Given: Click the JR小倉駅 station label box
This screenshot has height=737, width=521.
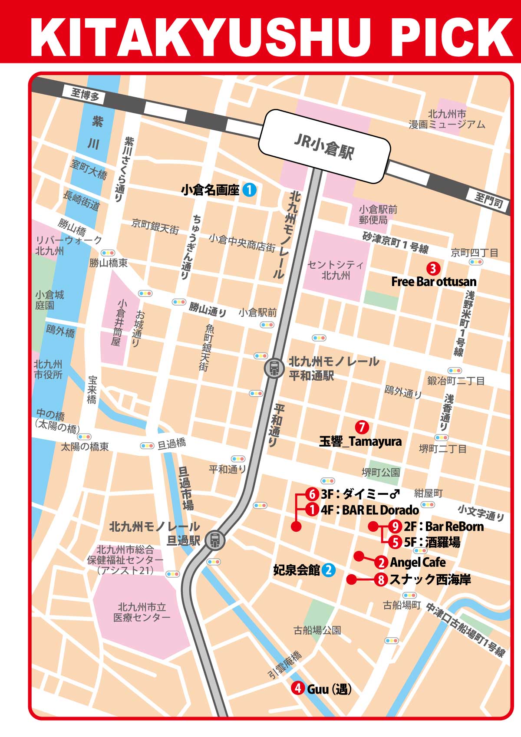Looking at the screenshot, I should tap(324, 147).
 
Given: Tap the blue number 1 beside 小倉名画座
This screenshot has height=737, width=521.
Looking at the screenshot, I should tap(249, 190).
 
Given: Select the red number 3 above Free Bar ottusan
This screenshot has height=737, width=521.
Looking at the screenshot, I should tap(433, 269).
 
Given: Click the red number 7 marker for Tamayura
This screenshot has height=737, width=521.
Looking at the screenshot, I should tap(362, 427).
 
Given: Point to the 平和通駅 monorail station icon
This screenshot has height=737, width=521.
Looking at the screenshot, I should tap(274, 368).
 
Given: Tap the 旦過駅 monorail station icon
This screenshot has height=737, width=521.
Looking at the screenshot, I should tap(215, 540).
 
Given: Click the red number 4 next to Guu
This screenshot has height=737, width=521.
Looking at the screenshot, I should tap(298, 688).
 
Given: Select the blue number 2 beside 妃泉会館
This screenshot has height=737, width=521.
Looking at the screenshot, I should tap(328, 570).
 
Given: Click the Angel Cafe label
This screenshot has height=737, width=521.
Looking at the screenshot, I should tap(418, 563).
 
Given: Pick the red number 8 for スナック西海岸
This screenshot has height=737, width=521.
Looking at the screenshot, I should tap(381, 579).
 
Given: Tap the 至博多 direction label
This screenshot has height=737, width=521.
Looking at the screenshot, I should tap(85, 94).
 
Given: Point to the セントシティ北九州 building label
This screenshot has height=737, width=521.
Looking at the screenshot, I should tap(335, 270).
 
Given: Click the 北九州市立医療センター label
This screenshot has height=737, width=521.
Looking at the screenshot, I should tap(142, 612).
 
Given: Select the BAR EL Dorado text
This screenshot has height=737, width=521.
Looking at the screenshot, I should tap(380, 510).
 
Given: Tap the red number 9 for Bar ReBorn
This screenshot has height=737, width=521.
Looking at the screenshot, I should tap(395, 526).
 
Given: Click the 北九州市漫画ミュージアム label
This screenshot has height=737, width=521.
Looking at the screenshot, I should tap(447, 119).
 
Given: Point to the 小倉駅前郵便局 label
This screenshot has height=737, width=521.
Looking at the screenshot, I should tap(378, 215).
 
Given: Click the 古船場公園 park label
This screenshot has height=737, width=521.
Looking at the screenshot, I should tap(317, 630).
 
